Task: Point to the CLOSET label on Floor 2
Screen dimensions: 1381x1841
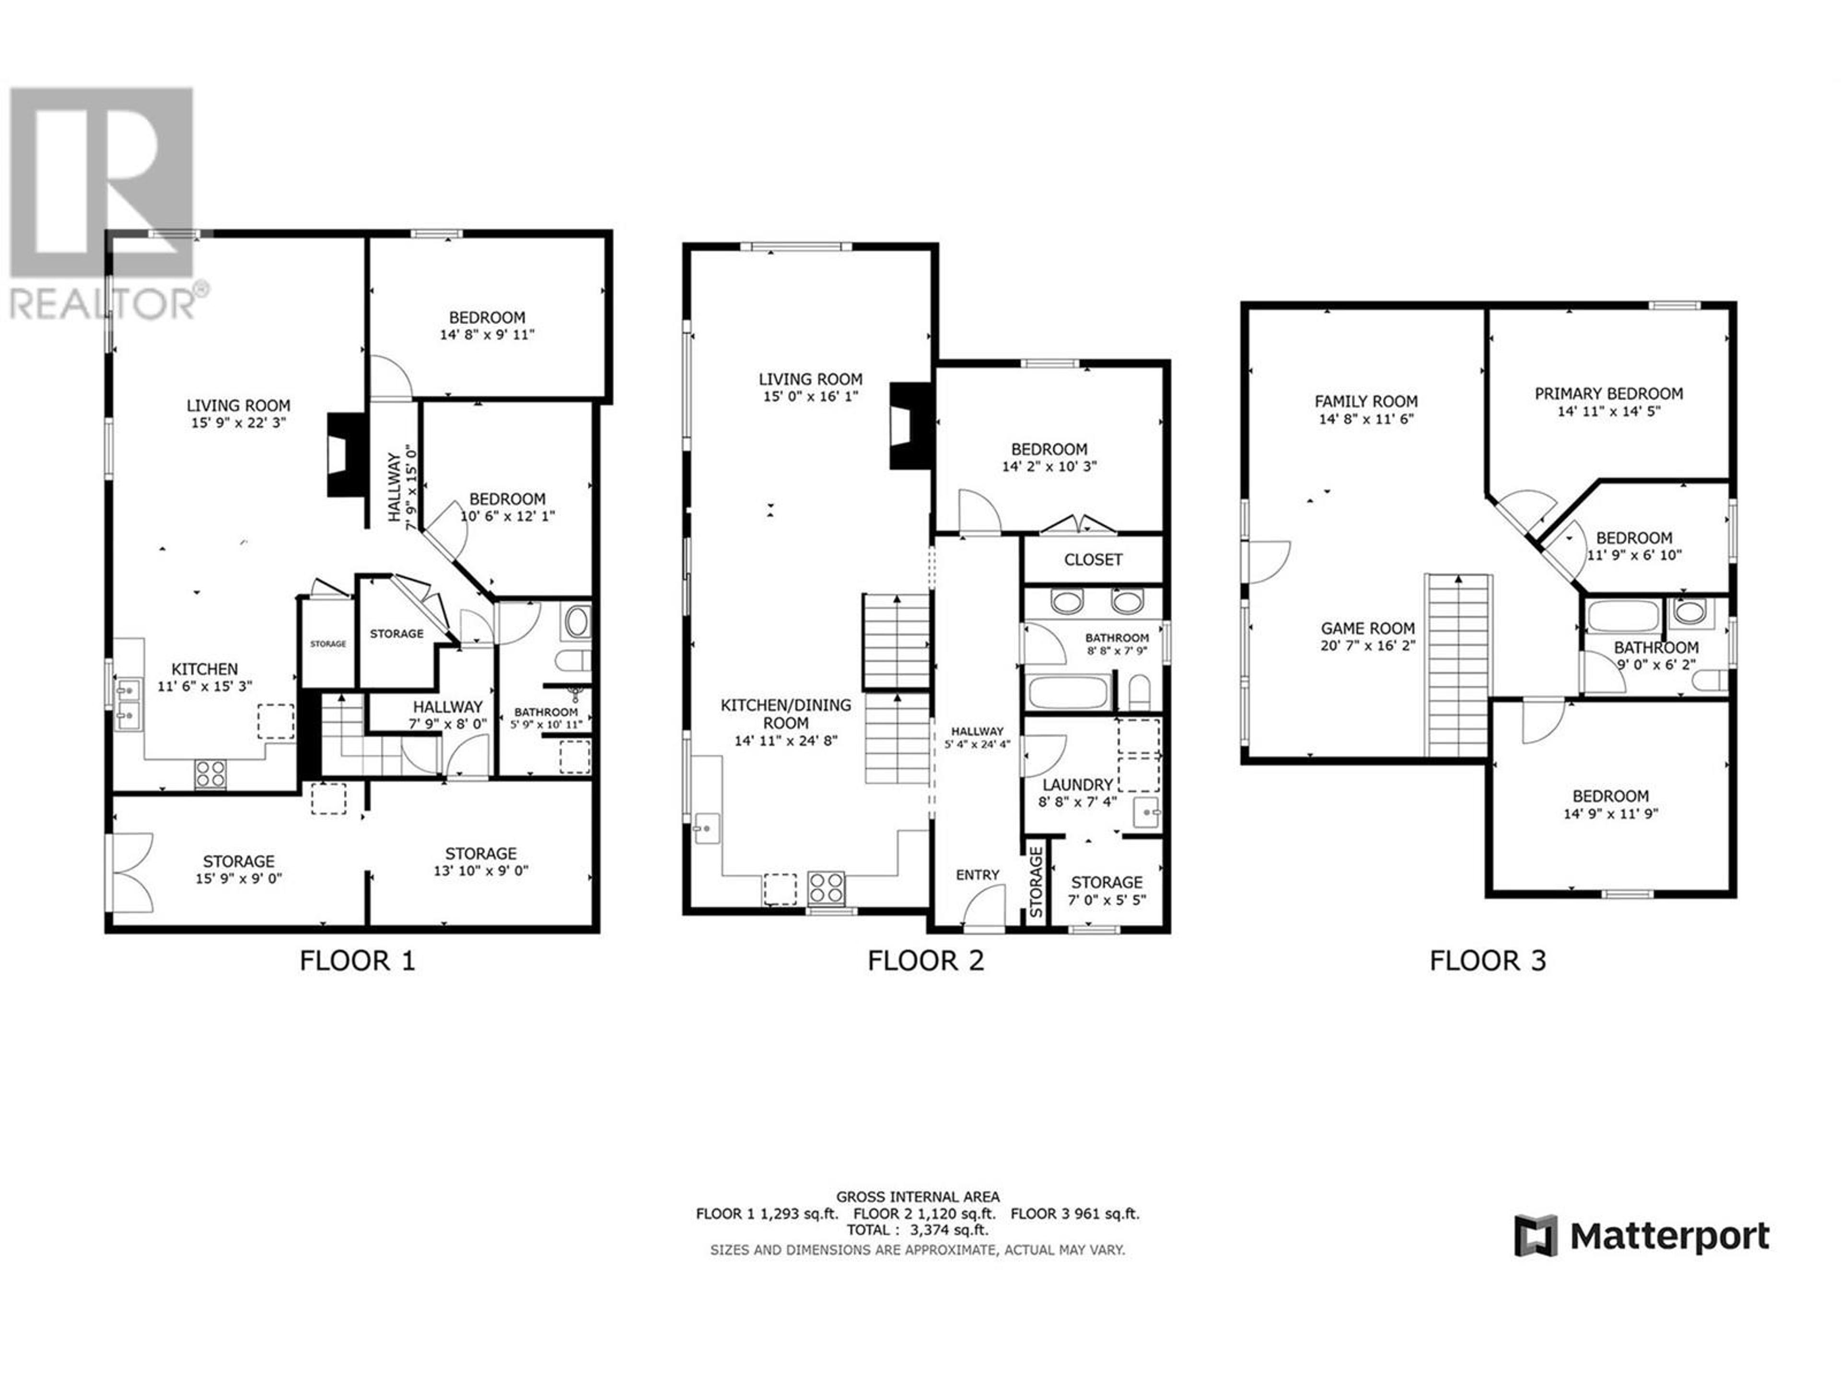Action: (1093, 560)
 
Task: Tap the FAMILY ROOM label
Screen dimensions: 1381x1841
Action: (1366, 401)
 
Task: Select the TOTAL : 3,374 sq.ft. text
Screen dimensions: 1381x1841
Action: (917, 1229)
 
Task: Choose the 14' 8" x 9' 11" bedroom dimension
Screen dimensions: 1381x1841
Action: (487, 335)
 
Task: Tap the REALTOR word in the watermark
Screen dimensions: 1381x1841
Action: (102, 304)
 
